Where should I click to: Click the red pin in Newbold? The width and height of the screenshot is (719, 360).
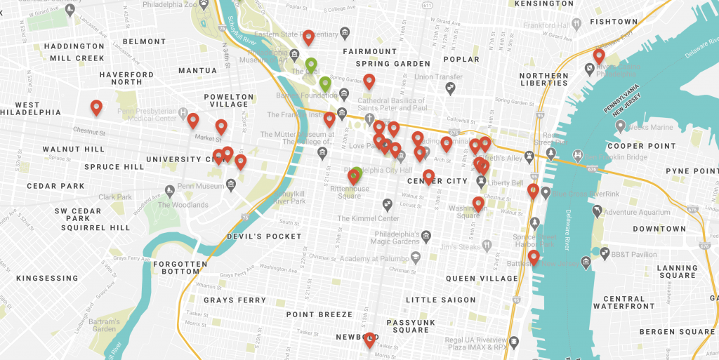369,340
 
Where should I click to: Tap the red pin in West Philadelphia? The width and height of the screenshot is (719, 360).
97,108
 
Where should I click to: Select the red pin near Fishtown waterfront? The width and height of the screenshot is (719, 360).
599,56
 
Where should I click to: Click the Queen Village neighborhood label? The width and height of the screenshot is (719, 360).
482,279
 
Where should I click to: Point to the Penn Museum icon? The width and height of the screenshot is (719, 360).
169,190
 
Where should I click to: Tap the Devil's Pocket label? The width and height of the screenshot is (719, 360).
264,236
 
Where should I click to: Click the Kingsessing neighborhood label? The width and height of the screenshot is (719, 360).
48,279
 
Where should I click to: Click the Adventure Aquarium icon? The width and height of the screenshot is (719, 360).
596,211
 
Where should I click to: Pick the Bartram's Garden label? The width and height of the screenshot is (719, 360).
104,325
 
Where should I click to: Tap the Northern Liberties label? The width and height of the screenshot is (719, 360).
544,79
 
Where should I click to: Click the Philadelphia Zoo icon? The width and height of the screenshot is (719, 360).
204,6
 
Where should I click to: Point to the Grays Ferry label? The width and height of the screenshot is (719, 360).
235,300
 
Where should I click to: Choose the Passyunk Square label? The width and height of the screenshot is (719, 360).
411,326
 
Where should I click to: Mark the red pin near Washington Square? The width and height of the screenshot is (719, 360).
478,204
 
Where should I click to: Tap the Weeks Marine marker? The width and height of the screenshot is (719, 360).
620,126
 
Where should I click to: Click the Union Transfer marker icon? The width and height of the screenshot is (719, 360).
451,88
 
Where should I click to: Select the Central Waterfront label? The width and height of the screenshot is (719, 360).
624,302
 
